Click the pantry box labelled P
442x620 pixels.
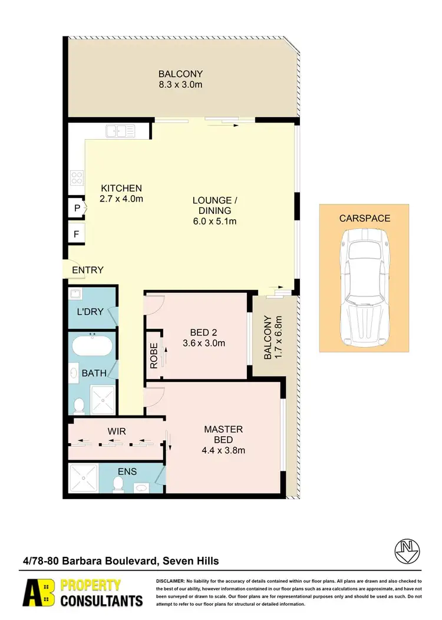tap(77, 208)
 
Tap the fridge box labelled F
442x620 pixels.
tap(77, 234)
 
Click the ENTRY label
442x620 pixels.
tap(88, 270)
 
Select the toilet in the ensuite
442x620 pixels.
tap(118, 483)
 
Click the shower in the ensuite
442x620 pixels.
tap(83, 478)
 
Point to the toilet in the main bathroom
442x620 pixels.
tap(79, 405)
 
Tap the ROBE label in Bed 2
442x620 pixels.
tap(154, 356)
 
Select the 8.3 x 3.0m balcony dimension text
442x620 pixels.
tap(180, 85)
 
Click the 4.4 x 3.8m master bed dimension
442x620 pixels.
tap(224, 451)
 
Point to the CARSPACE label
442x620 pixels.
tap(364, 218)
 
